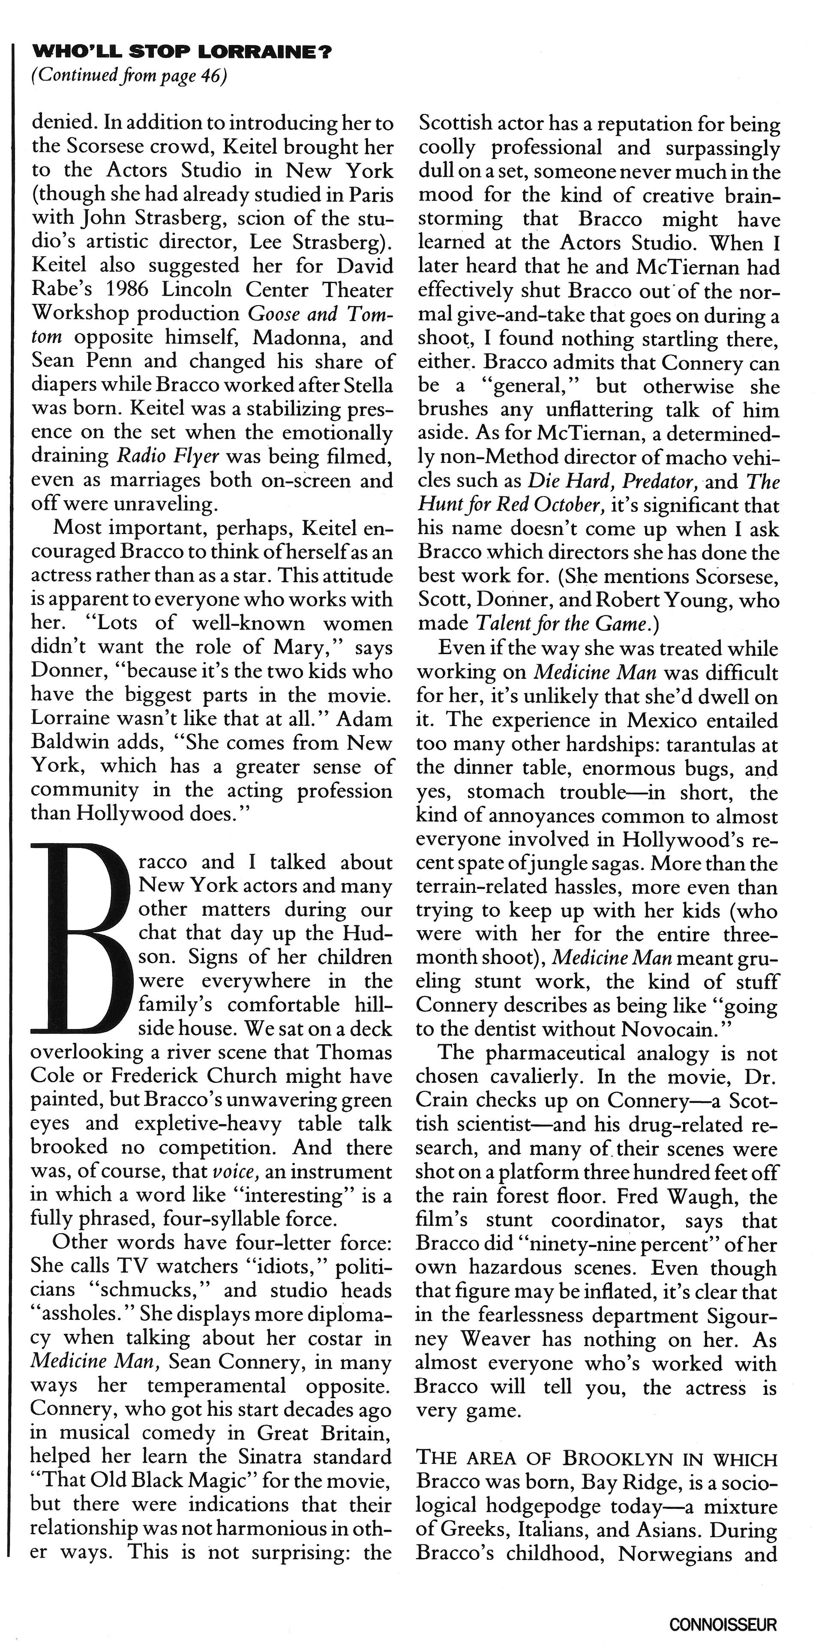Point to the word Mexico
tap(662, 720)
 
